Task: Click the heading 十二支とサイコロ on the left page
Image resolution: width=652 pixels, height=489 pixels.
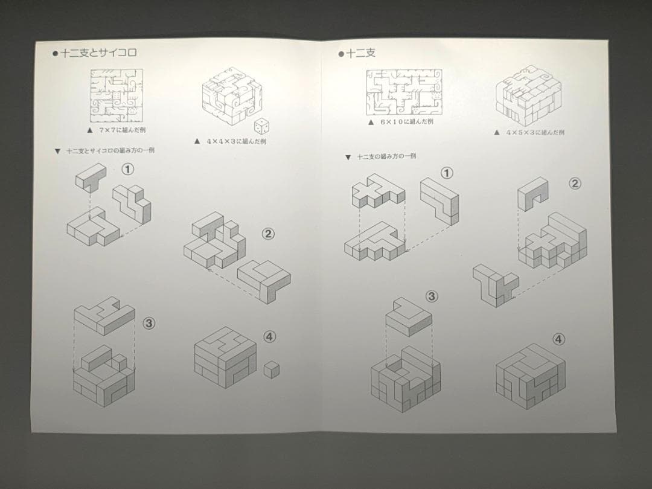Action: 98,53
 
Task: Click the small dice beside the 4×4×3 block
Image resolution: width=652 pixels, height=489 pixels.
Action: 261,127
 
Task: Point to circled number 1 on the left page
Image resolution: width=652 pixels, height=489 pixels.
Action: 127,170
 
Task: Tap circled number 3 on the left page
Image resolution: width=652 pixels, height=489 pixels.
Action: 149,323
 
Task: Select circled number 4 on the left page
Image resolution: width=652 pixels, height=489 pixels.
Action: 269,337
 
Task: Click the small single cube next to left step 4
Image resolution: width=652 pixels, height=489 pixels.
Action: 272,369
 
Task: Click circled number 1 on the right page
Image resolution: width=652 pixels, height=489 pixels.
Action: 447,174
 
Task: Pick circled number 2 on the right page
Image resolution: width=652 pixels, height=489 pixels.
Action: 575,184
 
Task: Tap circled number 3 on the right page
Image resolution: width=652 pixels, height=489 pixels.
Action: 432,296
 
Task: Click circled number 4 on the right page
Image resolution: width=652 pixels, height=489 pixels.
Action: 559,339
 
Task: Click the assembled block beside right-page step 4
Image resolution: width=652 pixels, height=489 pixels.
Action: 530,376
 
